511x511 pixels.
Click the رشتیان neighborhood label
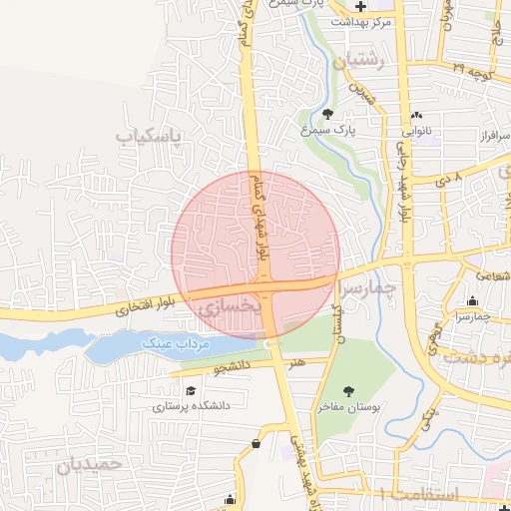coord(362,62)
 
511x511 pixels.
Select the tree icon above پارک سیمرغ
coord(330,113)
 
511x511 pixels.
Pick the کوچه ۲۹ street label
coord(474,73)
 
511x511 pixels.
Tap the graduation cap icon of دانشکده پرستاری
coord(190,392)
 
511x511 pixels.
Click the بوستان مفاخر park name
coord(347,406)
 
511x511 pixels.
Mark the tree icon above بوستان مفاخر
coord(348,391)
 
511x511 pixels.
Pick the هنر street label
coord(294,364)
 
